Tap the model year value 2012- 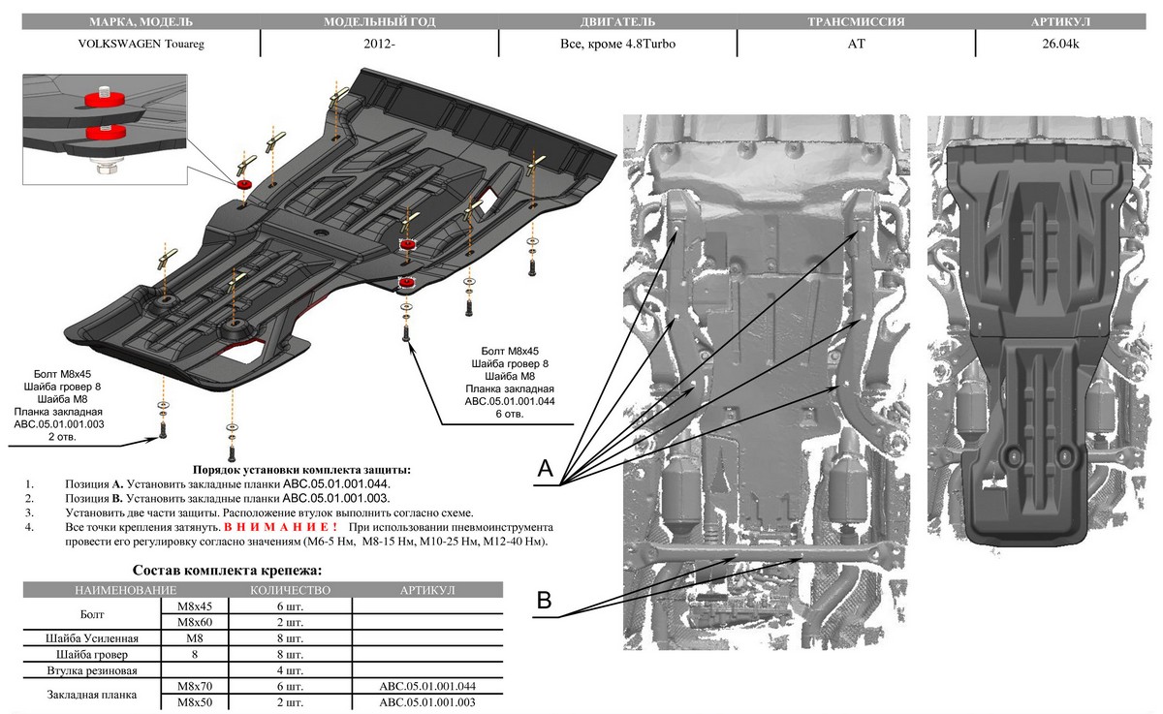pos(379,45)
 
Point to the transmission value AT pos(856,45)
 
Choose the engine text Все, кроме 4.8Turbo pos(617,45)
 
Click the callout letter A pos(545,469)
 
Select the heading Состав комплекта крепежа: pos(226,571)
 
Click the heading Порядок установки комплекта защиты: pos(302,469)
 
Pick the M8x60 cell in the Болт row pos(194,622)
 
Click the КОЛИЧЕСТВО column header pos(290,589)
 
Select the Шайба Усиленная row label pos(92,638)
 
